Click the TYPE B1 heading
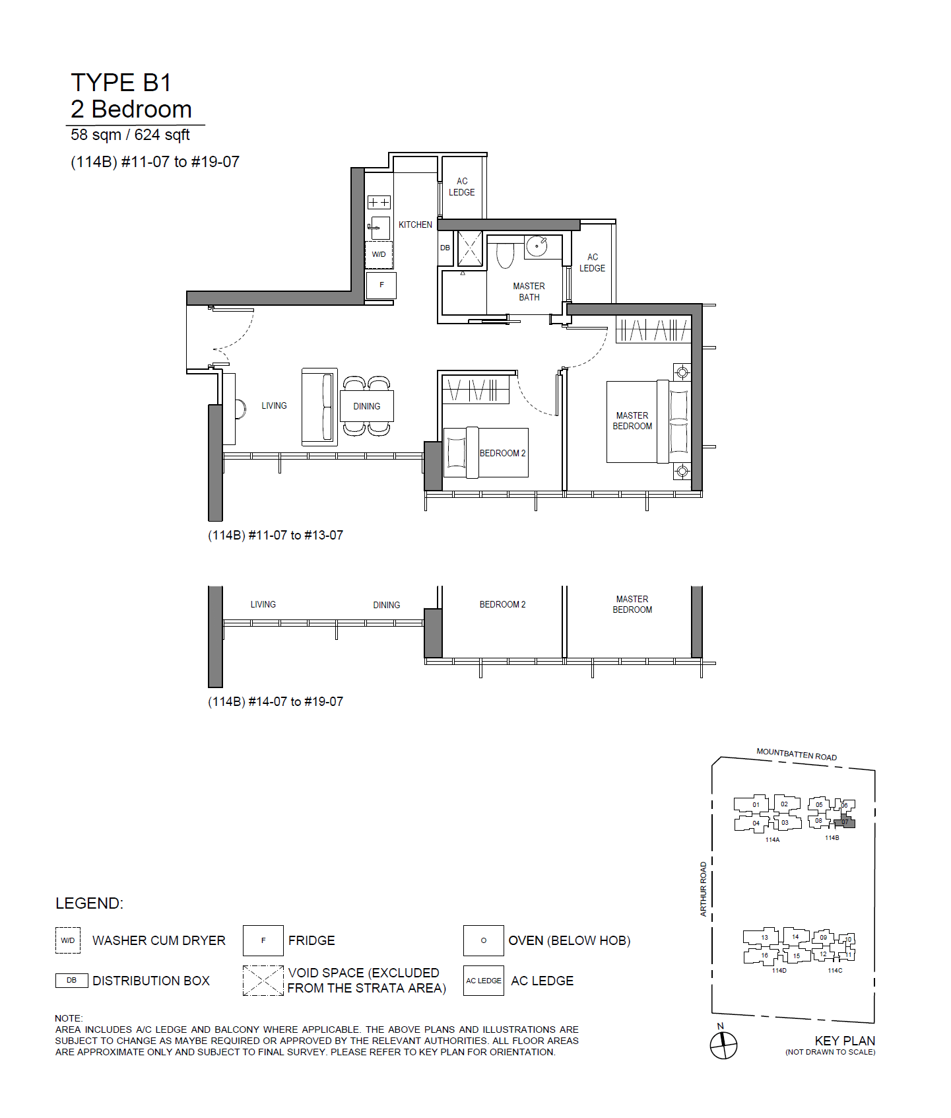tap(121, 83)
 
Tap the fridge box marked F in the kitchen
tap(381, 285)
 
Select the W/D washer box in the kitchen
tap(379, 254)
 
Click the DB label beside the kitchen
tap(445, 248)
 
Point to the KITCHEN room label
tap(415, 225)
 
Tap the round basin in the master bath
tap(537, 246)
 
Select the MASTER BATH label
tap(529, 292)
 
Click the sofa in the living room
tap(319, 407)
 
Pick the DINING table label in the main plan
tap(367, 407)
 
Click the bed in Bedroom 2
tap(486, 452)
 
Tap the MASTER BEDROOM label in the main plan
tap(632, 421)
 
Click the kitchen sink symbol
tap(379, 228)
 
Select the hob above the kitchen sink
tap(379, 202)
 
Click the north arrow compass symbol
tap(723, 1045)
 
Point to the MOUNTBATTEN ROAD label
tap(797, 755)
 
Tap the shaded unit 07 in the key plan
tap(845, 822)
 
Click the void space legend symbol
tap(263, 981)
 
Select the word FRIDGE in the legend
tap(312, 940)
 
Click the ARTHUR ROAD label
tap(704, 889)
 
